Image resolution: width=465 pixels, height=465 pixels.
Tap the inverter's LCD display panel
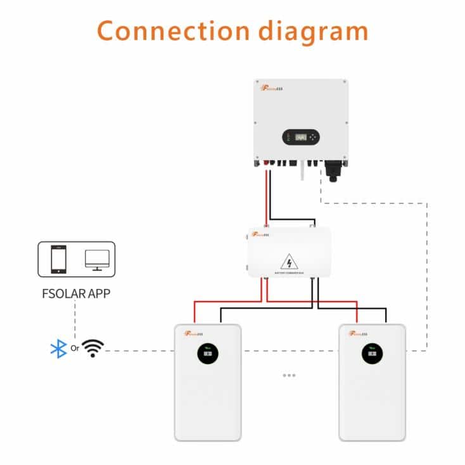301,137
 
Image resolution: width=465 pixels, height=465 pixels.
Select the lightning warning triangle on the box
290,261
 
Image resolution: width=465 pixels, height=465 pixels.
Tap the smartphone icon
59,259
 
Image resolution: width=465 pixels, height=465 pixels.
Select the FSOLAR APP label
75,293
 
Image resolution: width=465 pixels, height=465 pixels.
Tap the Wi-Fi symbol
93,348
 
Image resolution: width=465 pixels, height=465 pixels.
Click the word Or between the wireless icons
75,348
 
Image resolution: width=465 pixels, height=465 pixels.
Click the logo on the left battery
195,333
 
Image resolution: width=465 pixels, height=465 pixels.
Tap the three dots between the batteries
290,375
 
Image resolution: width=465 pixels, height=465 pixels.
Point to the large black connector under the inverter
333,169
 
